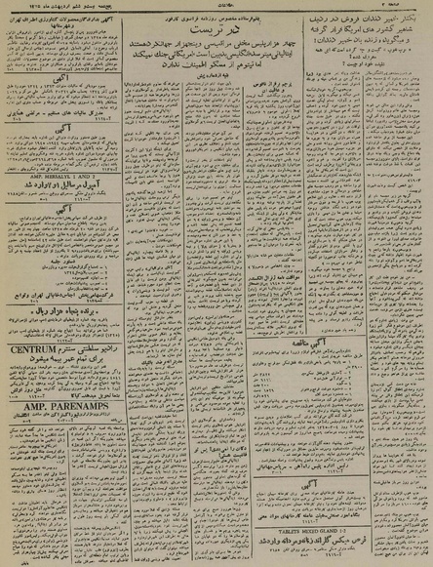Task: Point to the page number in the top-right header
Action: tap(410, 6)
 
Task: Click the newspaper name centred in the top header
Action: tap(217, 6)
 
